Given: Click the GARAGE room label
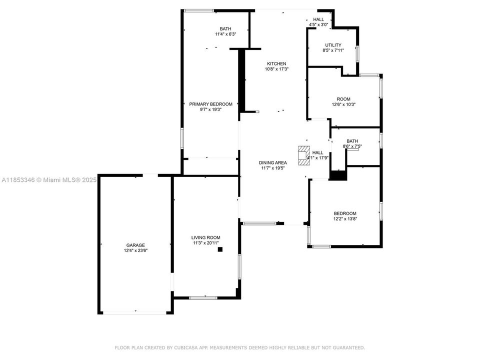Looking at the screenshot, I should coord(135,245).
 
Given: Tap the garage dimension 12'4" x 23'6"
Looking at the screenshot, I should coord(135,250).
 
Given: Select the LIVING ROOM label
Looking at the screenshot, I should coord(205,237).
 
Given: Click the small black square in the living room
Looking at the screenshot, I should coord(219,248).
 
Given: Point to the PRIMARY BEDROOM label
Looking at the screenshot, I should coord(210,104).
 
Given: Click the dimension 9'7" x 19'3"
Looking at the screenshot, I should coord(210,109).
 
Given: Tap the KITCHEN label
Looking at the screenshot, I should coord(276,63).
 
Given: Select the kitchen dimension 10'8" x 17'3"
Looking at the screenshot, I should coord(276,69).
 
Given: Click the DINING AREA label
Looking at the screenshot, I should coord(272,162).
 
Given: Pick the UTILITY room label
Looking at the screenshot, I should coord(333,45).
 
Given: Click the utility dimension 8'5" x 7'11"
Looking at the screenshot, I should coord(333,50).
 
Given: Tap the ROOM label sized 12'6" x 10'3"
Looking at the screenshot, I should coord(343,99).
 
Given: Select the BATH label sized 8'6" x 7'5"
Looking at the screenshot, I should coord(352,141).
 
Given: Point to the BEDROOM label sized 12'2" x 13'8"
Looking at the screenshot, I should coord(345,213).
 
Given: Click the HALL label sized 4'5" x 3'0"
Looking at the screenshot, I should coord(318,19).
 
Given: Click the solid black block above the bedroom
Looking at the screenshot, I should coord(338,175).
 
